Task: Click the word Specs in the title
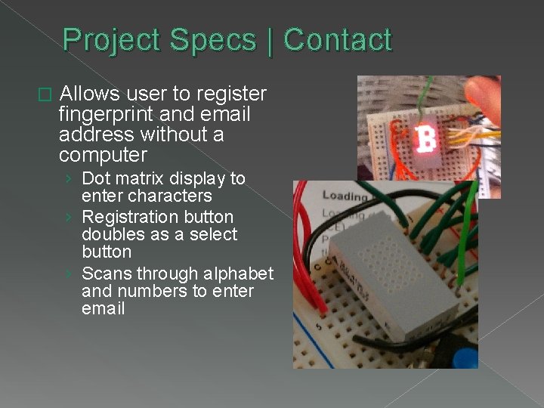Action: tap(212, 40)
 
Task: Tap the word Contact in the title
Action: tap(338, 40)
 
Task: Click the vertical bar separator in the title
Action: tap(270, 40)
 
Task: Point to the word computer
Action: tap(103, 155)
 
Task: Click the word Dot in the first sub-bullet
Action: tap(95, 178)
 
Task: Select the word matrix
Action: tap(137, 178)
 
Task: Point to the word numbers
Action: tap(151, 291)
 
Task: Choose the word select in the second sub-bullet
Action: tap(214, 234)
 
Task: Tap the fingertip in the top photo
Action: tap(483, 94)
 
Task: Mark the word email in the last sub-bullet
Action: tap(103, 308)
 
